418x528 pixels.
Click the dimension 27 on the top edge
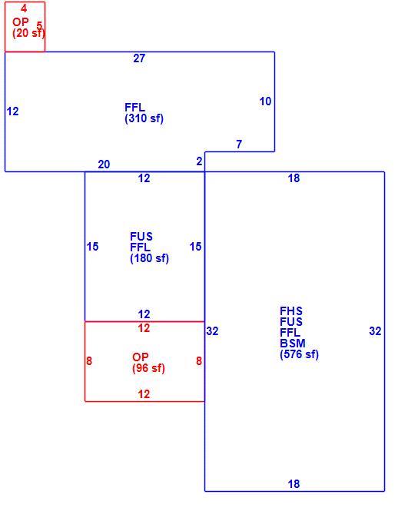pyautogui.click(x=139, y=58)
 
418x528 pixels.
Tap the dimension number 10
pyautogui.click(x=265, y=101)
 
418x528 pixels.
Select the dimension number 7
pyautogui.click(x=239, y=144)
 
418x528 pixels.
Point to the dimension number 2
pyautogui.click(x=199, y=161)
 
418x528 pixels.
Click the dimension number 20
pyautogui.click(x=104, y=164)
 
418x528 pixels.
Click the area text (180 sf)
pyautogui.click(x=149, y=258)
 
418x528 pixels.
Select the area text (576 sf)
pyautogui.click(x=299, y=354)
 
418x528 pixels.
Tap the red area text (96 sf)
pyautogui.click(x=149, y=368)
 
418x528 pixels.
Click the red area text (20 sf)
pyautogui.click(x=28, y=33)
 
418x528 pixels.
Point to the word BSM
pyautogui.click(x=293, y=344)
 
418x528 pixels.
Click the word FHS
pyautogui.click(x=291, y=310)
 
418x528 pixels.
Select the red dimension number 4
pyautogui.click(x=24, y=8)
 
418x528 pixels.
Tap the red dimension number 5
pyautogui.click(x=39, y=25)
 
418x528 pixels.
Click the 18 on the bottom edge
pyautogui.click(x=294, y=484)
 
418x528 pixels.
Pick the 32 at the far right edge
pyautogui.click(x=375, y=331)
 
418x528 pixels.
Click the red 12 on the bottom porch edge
pyautogui.click(x=144, y=394)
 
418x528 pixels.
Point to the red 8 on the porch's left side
pyautogui.click(x=89, y=361)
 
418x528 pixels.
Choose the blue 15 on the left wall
pyautogui.click(x=92, y=247)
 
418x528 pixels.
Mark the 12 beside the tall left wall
pyautogui.click(x=12, y=111)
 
